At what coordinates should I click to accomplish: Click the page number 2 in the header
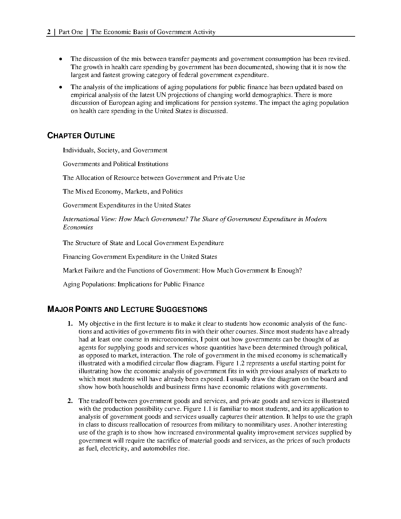click(x=49, y=32)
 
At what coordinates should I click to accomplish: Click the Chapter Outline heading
click(x=81, y=136)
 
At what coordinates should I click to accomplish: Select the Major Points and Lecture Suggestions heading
click(x=127, y=309)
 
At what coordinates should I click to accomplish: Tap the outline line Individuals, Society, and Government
click(x=115, y=150)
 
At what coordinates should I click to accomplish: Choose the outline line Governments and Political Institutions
click(x=115, y=164)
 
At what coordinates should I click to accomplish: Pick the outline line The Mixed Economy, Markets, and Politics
click(x=123, y=192)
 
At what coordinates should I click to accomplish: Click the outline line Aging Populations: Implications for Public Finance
click(x=133, y=284)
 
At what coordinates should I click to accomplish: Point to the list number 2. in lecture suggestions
click(x=70, y=401)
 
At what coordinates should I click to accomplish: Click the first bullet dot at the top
click(x=60, y=60)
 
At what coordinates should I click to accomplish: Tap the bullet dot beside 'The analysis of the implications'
click(x=60, y=87)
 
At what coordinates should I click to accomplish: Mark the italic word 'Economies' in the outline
click(x=78, y=227)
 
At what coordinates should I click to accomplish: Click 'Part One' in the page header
click(x=71, y=32)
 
